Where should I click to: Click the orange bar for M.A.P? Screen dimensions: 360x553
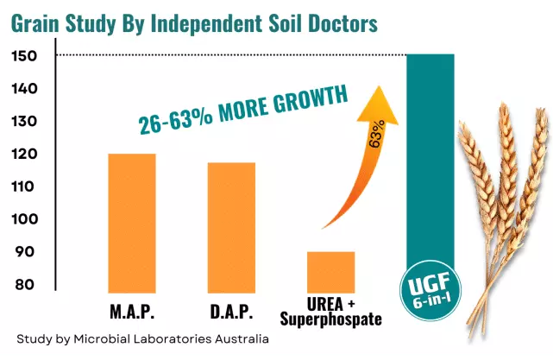(131, 223)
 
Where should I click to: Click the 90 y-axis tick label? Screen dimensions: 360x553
(25, 252)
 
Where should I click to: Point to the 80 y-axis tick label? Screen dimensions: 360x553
(25, 285)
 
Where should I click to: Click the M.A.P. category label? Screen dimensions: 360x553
(131, 311)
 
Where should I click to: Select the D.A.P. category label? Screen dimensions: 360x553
(230, 311)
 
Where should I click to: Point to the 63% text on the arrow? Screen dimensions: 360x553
(375, 134)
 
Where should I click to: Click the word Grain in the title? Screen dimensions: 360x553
(40, 23)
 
